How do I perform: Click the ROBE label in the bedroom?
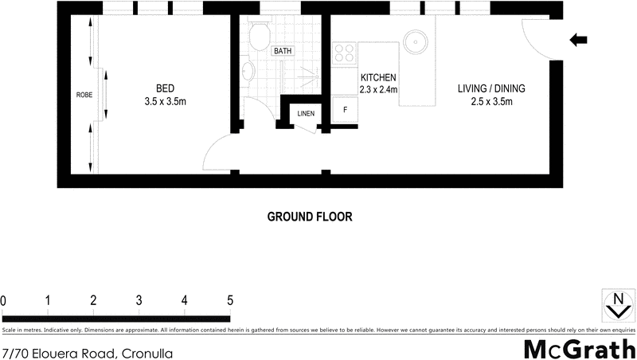click(x=84, y=94)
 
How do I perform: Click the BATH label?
click(x=283, y=52)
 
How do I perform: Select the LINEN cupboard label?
click(x=306, y=113)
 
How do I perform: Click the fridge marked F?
click(x=345, y=110)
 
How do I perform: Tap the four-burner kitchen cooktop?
click(x=345, y=53)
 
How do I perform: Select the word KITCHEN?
click(x=378, y=77)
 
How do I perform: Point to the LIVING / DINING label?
click(x=490, y=88)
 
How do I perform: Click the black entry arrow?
click(x=580, y=40)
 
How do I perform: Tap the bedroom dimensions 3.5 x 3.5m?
click(x=165, y=101)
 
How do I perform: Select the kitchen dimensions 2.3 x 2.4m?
click(x=378, y=89)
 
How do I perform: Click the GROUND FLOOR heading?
click(x=309, y=217)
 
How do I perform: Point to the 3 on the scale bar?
click(x=139, y=300)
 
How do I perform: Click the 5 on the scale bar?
click(x=230, y=300)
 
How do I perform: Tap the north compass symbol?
click(x=616, y=304)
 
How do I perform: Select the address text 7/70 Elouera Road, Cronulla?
click(x=88, y=352)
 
